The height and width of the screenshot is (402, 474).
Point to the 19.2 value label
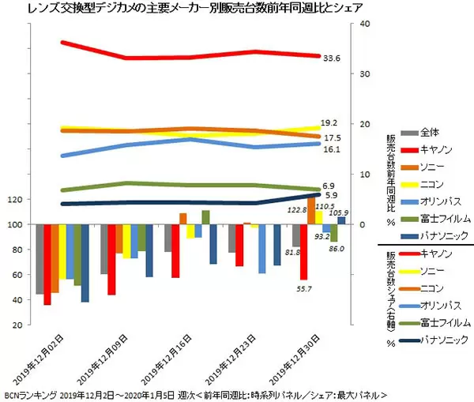(330, 123)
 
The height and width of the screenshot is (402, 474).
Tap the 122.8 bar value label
(296, 210)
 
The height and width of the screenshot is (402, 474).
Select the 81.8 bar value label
(292, 252)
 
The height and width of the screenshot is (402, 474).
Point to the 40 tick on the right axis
(364, 24)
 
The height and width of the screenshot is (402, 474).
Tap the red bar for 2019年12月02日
(47, 265)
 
